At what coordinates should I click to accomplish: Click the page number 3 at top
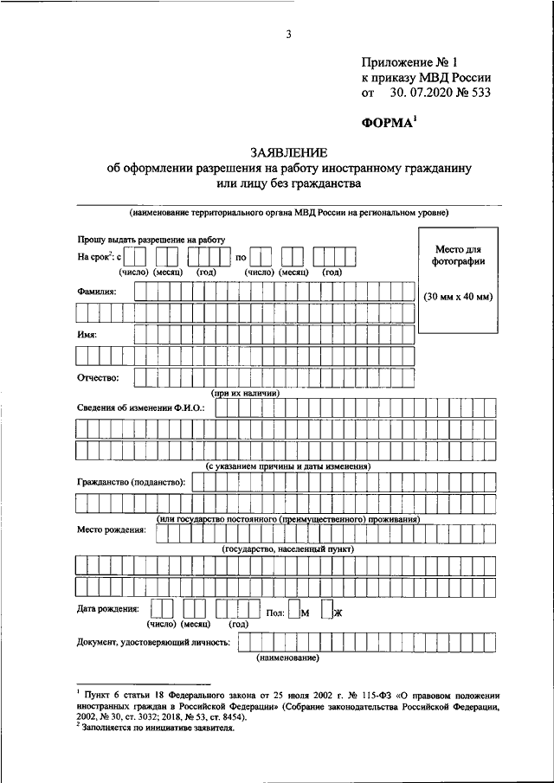pos(287,35)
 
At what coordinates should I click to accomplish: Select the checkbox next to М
pos(294,613)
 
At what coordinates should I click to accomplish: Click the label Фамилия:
pos(96,291)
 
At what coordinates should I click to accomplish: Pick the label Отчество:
pos(99,377)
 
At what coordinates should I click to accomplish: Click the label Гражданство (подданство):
pos(131,481)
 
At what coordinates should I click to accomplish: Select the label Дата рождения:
pos(108,609)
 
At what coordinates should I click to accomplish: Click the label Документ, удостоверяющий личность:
pos(153,643)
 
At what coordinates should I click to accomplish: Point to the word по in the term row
pos(242,257)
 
